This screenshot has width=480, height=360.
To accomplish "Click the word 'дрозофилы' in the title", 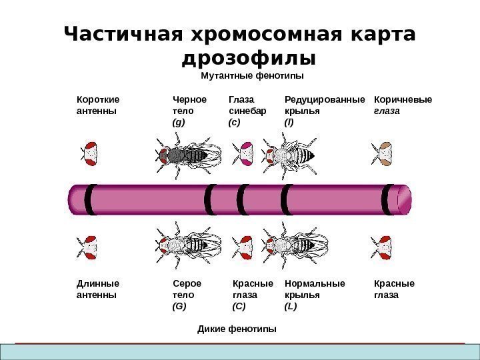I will pos(248,59).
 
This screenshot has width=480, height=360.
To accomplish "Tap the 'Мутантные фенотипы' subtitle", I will pos(248,77).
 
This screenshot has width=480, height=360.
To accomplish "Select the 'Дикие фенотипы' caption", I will pos(237,329).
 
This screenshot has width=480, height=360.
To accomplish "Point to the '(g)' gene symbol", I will pos(178,123).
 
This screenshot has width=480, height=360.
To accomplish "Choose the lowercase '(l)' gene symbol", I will pos(289,123).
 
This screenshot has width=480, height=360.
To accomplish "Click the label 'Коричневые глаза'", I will pos(403,106).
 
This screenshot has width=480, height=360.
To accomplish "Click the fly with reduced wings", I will pos(295,155).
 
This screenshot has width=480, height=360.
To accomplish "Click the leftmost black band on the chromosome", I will pos(89,199).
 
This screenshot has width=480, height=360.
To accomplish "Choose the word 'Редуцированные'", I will pos(325,101).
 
